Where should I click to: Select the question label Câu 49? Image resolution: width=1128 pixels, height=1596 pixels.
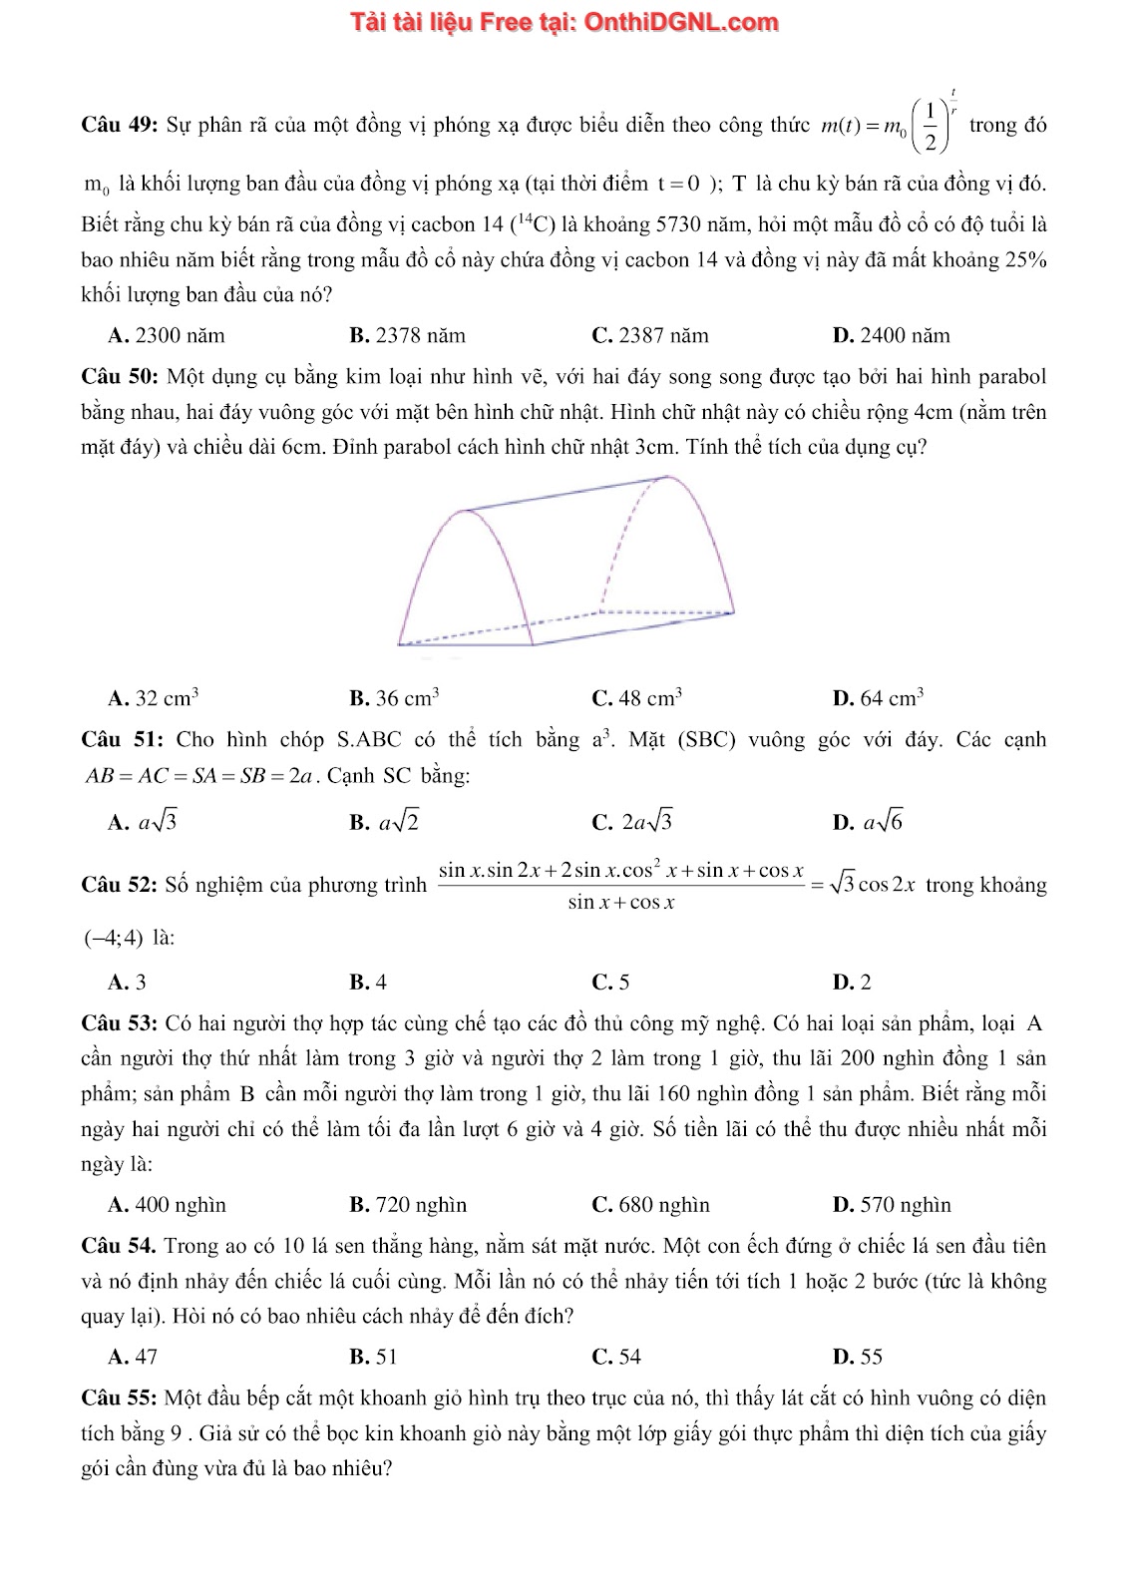tap(119, 126)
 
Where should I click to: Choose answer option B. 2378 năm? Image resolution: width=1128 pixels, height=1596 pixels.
tap(407, 335)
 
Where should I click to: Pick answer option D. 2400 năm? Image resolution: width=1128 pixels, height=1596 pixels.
tap(891, 335)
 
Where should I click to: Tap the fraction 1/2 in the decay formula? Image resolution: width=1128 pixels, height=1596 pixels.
tap(930, 127)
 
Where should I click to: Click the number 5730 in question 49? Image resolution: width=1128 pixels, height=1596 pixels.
tap(679, 224)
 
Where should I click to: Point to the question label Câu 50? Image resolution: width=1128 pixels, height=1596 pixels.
tap(119, 377)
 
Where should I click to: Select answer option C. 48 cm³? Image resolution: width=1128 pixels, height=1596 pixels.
tap(636, 698)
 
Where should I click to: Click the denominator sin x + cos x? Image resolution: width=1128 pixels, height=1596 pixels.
tap(621, 903)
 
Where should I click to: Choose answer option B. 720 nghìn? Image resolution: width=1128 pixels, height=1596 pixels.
tap(408, 1205)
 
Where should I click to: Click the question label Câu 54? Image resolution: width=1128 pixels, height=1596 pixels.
tap(118, 1246)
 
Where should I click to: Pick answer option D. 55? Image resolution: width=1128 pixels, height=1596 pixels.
tap(857, 1357)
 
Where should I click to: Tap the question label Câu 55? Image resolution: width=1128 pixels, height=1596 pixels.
tap(119, 1398)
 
